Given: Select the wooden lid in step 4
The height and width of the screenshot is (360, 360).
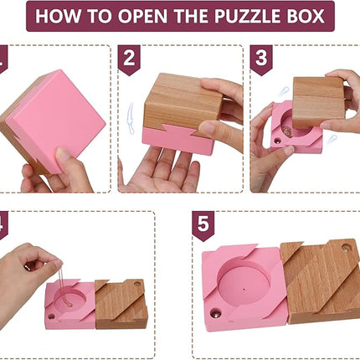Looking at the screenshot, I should (x=122, y=303).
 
